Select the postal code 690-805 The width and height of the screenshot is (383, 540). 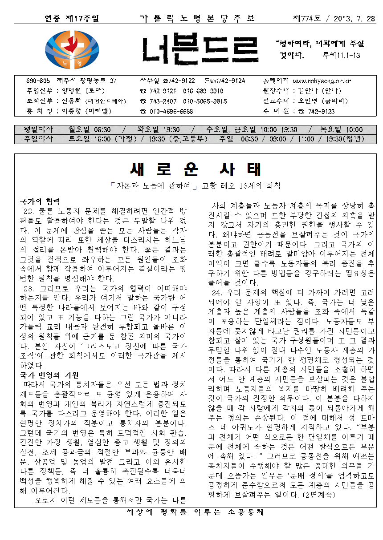[38, 81]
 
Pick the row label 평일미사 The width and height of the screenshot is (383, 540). [38, 129]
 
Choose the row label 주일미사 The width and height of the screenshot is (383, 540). [38, 138]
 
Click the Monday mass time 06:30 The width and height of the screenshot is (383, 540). [102, 129]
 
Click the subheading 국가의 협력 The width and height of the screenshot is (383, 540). [40, 201]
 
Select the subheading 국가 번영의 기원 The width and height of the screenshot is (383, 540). [49, 374]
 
